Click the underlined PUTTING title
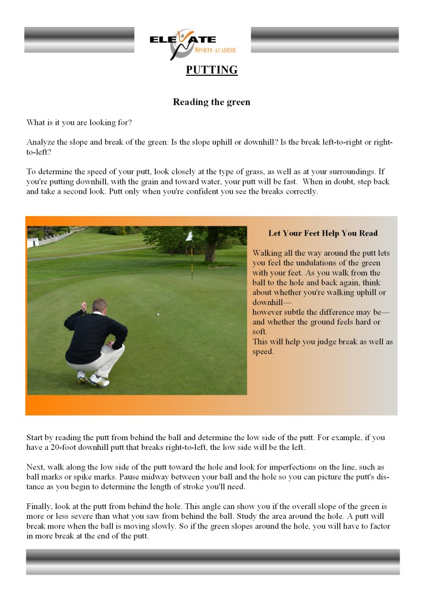point(211,70)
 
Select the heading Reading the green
point(211,102)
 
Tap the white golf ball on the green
point(158,314)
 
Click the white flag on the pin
point(188,236)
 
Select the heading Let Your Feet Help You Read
point(323,234)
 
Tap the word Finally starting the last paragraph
point(41,507)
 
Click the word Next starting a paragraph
point(36,467)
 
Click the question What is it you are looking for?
point(79,122)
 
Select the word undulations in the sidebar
point(317,263)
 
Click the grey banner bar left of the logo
point(79,40)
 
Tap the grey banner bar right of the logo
point(324,40)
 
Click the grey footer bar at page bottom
point(212,561)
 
